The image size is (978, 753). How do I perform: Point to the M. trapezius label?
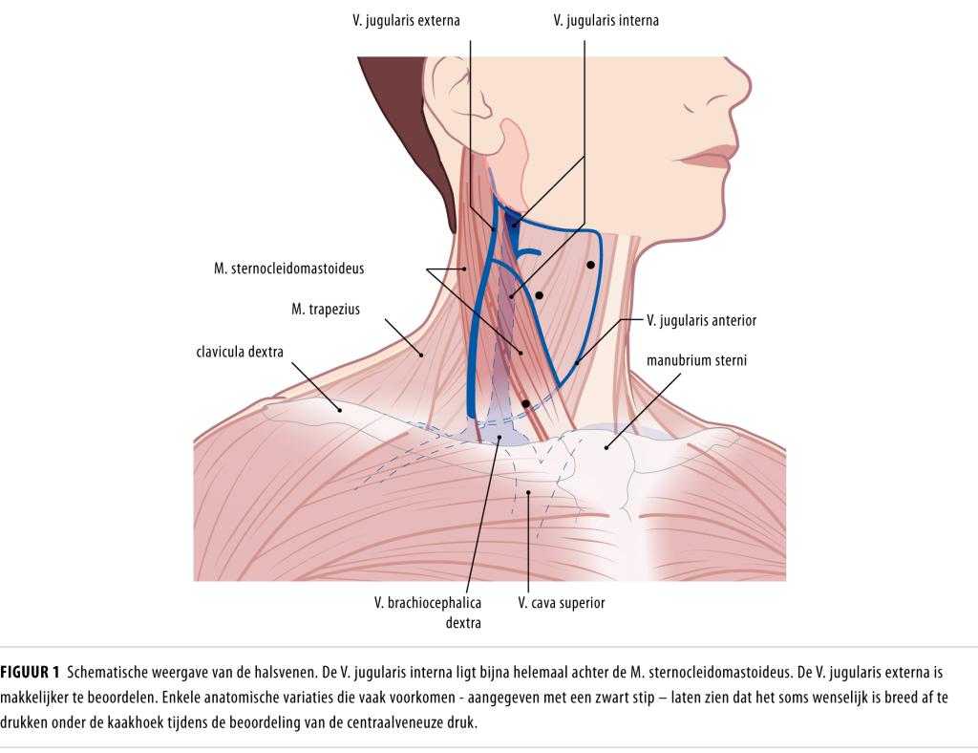(326, 310)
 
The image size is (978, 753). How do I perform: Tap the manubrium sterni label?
(695, 361)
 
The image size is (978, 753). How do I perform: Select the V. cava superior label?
(561, 603)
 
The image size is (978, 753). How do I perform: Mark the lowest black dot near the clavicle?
(525, 404)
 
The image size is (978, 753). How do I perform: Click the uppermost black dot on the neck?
(591, 264)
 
